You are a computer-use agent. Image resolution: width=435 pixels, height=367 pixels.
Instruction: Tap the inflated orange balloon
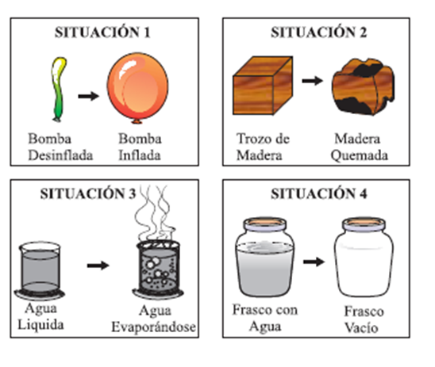[x=137, y=87]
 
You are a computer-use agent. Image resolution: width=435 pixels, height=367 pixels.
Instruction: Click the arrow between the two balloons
[x=88, y=96]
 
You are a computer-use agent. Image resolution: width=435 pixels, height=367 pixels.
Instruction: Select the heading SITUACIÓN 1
[x=102, y=32]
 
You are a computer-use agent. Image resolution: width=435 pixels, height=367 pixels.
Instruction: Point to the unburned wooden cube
[x=263, y=86]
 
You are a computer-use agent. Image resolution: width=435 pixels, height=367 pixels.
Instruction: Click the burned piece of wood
[x=363, y=86]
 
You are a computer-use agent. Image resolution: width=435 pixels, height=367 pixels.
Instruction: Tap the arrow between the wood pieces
[x=313, y=81]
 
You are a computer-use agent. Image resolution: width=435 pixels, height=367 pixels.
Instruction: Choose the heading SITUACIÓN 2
[x=319, y=32]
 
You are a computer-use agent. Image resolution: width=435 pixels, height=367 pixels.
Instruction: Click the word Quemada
[x=360, y=155]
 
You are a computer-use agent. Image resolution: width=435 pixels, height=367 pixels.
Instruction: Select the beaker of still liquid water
[x=40, y=270]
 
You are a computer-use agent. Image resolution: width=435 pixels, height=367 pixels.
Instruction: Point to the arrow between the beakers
[x=98, y=266]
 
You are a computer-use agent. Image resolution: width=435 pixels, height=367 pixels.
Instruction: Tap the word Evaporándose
[x=153, y=327]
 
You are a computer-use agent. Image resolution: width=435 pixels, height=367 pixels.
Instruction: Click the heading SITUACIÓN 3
[x=88, y=193]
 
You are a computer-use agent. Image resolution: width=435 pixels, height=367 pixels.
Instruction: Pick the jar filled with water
[x=265, y=257]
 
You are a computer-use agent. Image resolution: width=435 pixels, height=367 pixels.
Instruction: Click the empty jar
[x=364, y=257]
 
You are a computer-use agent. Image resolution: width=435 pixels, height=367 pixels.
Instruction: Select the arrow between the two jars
[x=314, y=262]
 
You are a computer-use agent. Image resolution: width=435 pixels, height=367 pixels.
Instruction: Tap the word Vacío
[x=361, y=328]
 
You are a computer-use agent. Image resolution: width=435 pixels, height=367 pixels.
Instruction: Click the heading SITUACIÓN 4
[x=319, y=193]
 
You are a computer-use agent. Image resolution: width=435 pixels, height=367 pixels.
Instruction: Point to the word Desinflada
[x=60, y=155]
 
